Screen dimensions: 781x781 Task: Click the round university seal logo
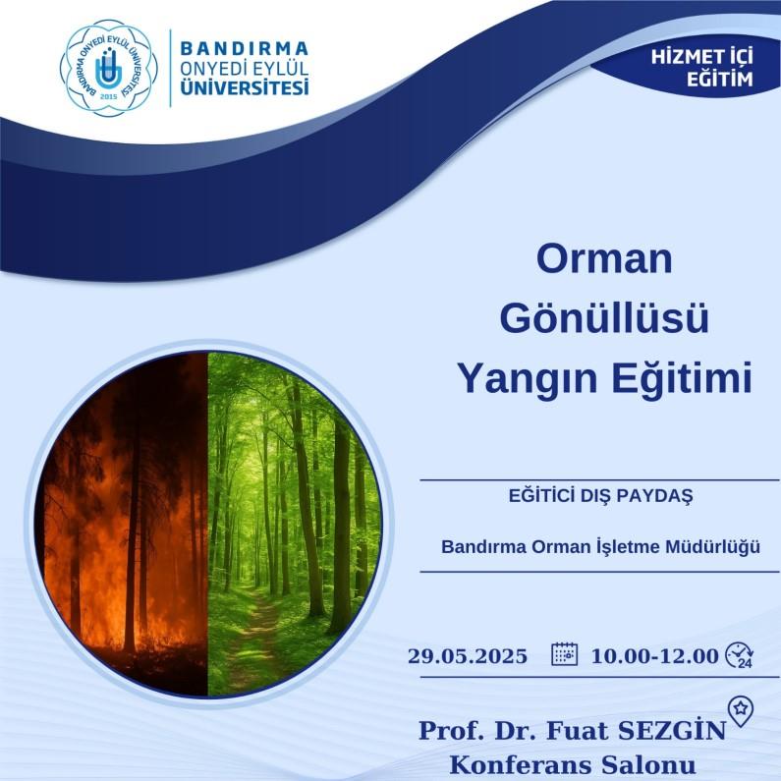coord(109,68)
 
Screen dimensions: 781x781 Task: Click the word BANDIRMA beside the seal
coord(244,48)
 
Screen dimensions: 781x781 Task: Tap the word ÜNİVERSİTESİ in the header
coord(244,87)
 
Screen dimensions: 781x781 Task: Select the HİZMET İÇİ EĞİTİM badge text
coord(701,68)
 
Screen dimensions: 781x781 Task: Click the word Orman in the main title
coord(604,258)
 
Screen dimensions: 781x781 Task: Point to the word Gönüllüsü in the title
coord(604,317)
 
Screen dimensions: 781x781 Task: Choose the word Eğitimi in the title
coord(682,377)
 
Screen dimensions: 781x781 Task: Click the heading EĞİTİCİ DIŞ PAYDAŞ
coord(600,495)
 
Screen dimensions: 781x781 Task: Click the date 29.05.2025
coord(468,656)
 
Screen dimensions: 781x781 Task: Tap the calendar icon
coord(564,654)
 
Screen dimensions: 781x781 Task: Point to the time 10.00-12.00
coord(654,656)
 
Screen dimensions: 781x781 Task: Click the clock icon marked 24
coord(739,654)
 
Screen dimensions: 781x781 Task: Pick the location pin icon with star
coord(741,711)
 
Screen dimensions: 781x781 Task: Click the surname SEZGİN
coord(671,731)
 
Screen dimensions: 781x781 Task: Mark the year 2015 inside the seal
coord(109,96)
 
